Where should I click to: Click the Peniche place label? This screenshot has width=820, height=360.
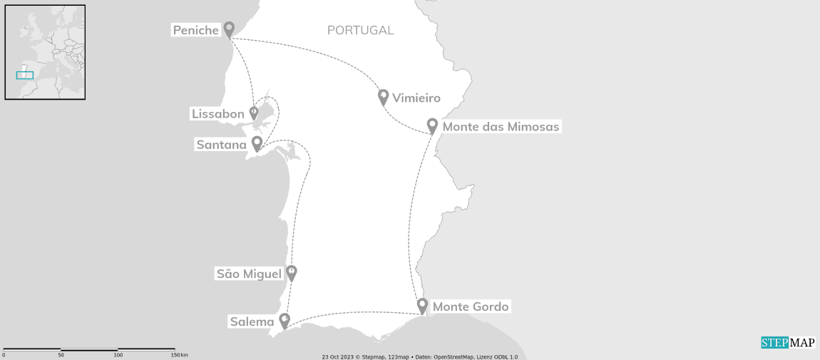195,30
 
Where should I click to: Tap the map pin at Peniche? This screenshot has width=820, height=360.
229,29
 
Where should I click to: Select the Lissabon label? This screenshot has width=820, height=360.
217,114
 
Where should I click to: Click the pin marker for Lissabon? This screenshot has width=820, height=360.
253,113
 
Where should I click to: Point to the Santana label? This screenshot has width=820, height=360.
221,145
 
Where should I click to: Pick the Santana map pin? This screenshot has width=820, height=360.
257,143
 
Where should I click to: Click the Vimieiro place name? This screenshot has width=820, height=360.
416,98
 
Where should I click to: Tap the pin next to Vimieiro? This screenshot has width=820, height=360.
383,96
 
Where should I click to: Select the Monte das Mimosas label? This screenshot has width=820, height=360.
501,127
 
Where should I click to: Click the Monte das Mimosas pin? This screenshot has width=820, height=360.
432,125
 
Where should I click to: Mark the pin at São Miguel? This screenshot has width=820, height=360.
291,272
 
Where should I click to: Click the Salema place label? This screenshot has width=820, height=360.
252,322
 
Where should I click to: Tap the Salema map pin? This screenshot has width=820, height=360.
285,320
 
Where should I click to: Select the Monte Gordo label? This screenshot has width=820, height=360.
471,307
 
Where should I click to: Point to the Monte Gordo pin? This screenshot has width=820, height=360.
422,305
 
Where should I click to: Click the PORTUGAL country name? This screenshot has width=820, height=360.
360,31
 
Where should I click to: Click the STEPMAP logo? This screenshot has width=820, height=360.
787,343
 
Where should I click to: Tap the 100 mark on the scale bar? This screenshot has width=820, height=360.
118,354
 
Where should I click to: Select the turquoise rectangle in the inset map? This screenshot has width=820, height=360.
25,75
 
